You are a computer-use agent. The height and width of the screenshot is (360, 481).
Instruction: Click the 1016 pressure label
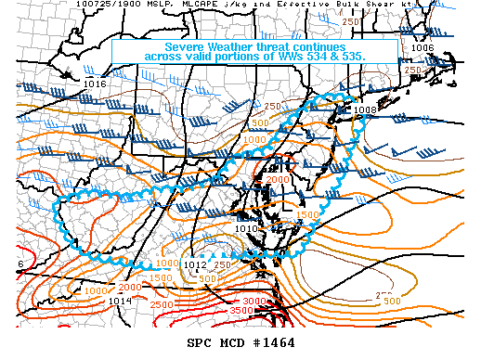[95, 84]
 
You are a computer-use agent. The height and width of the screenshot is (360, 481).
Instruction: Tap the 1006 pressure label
[422, 47]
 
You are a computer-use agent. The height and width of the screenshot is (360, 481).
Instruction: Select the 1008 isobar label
[365, 109]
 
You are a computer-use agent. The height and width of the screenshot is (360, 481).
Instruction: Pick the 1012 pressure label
[195, 265]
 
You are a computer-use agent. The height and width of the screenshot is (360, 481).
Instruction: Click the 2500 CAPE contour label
[160, 304]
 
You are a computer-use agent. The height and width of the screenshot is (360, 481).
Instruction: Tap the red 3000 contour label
[253, 302]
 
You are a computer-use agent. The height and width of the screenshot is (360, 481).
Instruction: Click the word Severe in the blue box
[190, 46]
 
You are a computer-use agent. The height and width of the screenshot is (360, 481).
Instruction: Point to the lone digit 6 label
[20, 264]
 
